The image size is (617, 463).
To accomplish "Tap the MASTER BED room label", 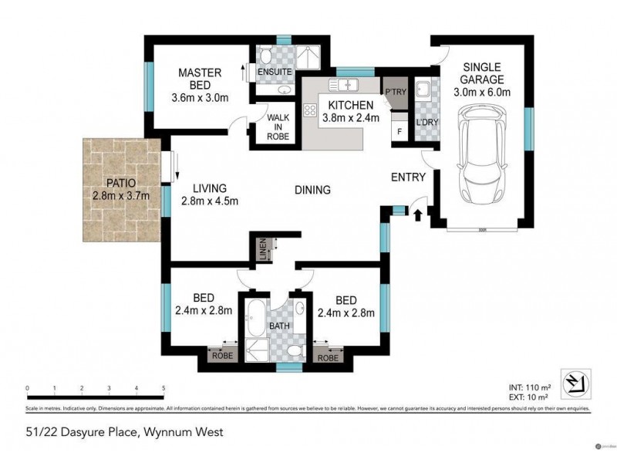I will (x=200, y=73).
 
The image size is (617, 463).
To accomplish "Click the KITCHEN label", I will (x=351, y=106).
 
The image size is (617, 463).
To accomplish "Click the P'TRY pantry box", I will (x=395, y=93).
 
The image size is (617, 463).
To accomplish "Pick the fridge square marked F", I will (x=399, y=131).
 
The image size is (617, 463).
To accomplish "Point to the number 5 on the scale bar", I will (x=164, y=388).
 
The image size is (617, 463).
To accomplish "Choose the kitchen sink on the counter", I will (x=342, y=84).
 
